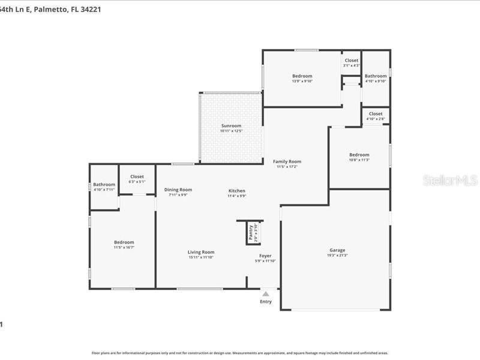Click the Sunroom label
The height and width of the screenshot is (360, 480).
230,125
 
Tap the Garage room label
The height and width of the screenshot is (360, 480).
337,250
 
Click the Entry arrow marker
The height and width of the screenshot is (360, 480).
265,293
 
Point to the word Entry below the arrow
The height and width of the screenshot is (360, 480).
265,302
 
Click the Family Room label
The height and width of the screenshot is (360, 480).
287,161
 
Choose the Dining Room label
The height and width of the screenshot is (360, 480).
178,190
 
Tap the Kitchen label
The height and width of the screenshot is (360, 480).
236,191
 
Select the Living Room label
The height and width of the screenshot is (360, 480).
201,252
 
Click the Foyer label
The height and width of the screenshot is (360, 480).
265,256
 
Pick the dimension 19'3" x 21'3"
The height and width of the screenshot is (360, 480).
337,256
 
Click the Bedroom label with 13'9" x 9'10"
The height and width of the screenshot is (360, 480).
302,76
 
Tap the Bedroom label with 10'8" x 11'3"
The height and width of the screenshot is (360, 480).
359,154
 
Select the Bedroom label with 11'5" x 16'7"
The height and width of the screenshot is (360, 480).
124,242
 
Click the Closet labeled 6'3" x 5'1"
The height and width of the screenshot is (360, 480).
137,176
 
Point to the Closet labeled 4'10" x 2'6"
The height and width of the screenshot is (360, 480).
376,113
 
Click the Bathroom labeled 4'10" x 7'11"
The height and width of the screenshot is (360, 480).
104,184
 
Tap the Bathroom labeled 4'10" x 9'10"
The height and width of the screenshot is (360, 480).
376,76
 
